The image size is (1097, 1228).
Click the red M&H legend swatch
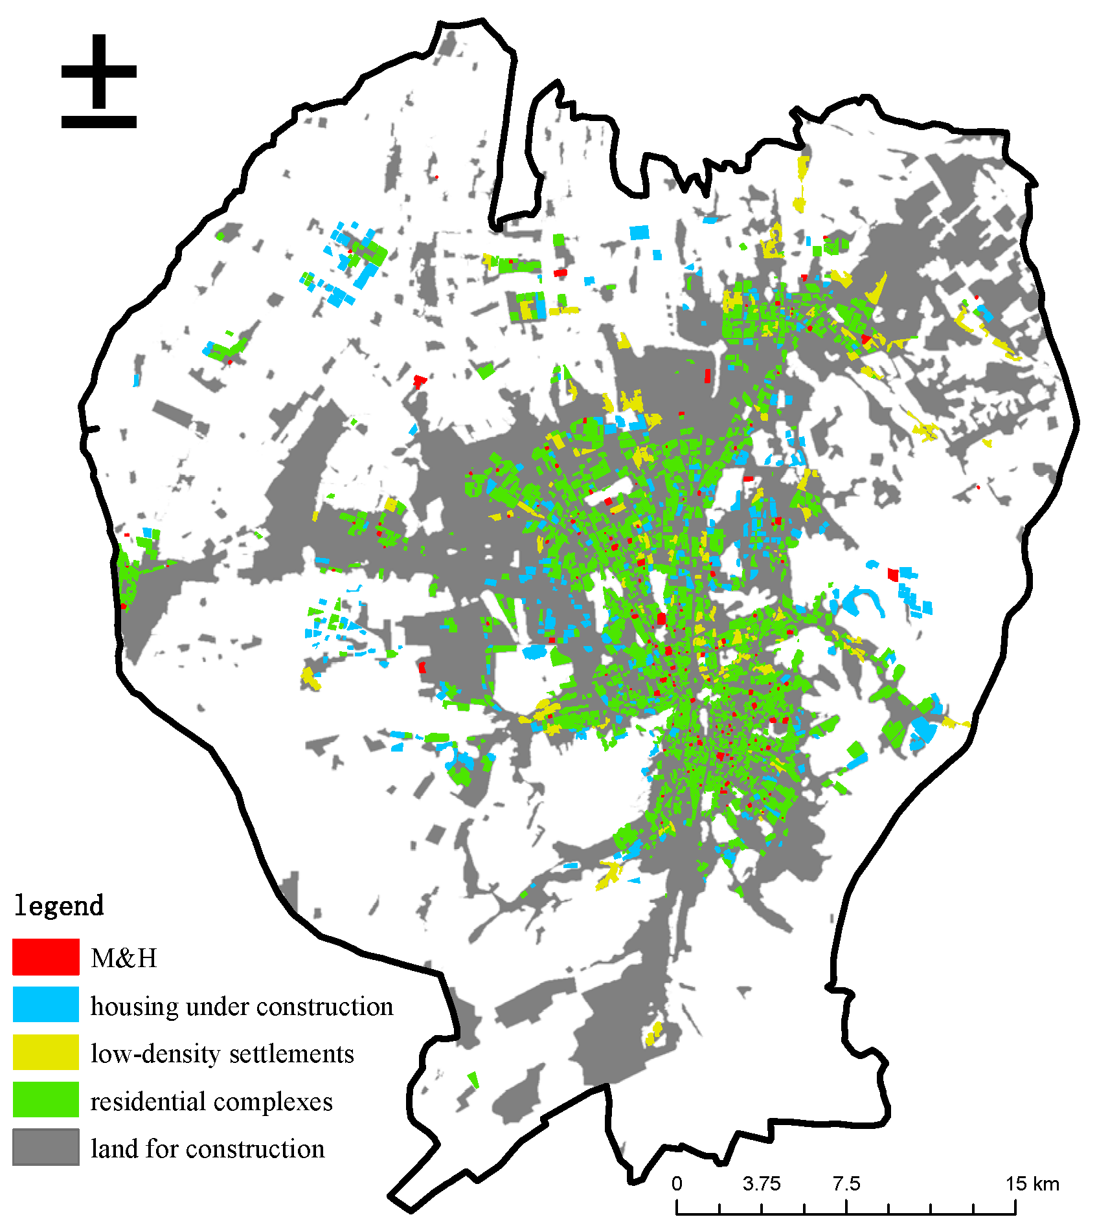click(45, 957)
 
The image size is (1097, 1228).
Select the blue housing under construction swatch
click(45, 1004)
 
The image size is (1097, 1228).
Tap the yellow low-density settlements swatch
click(45, 1052)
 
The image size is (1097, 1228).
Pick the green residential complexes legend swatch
click(45, 1099)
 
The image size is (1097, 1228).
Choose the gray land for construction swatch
click(45, 1147)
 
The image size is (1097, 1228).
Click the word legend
click(58, 906)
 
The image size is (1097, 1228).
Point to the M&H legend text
click(124, 958)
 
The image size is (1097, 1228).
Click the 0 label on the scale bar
click(677, 1184)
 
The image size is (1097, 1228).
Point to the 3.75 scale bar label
click(762, 1184)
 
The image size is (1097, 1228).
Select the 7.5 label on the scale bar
click(846, 1184)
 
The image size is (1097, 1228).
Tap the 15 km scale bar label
click(1032, 1184)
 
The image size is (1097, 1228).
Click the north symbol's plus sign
click(98, 71)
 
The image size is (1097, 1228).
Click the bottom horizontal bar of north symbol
click(98, 122)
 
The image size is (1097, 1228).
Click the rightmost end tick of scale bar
click(1015, 1207)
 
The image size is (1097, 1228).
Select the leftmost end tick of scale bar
click(677, 1207)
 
